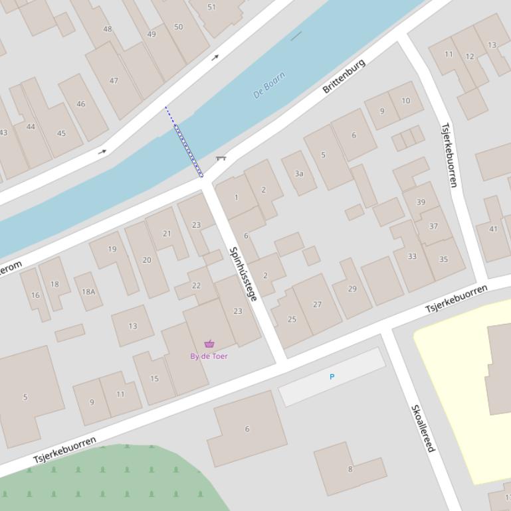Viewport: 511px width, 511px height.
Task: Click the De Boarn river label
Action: tap(269, 85)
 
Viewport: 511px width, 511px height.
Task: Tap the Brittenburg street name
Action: tap(344, 76)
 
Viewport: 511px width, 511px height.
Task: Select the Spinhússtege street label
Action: tap(243, 273)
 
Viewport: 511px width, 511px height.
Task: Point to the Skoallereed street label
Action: tap(423, 429)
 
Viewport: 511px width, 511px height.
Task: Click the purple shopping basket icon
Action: tap(209, 344)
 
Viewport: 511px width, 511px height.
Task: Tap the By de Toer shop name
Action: tap(209, 356)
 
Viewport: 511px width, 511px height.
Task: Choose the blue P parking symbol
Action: tap(332, 377)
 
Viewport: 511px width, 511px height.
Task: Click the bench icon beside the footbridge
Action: tap(221, 158)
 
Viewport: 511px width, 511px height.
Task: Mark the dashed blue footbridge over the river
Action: tap(184, 142)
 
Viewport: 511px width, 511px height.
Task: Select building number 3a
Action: tap(299, 174)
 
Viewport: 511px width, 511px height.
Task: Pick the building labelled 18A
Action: tap(88, 291)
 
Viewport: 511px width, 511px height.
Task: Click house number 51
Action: tap(211, 7)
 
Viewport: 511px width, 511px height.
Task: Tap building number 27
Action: tap(317, 305)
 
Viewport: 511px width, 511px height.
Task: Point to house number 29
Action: tap(352, 289)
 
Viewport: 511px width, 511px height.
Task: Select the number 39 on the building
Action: tap(421, 202)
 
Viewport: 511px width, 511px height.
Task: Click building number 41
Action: tap(493, 229)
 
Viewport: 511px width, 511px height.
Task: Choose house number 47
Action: tap(114, 81)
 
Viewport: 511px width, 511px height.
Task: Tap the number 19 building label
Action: tap(112, 250)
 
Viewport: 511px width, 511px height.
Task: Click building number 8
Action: tap(350, 469)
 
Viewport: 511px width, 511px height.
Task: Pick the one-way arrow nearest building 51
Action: tap(215, 58)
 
